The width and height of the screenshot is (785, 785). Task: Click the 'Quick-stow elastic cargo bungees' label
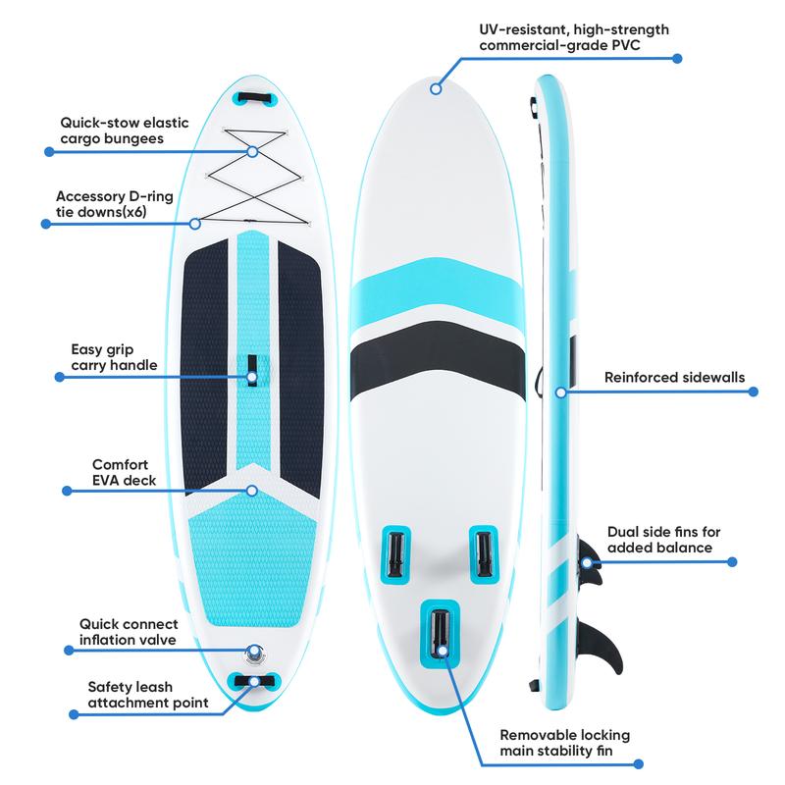[x=125, y=131]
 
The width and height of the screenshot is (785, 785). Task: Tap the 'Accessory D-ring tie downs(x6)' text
[x=114, y=204]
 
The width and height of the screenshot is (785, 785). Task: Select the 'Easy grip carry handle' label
[x=114, y=357]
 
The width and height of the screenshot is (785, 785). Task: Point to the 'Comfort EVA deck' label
[x=124, y=472]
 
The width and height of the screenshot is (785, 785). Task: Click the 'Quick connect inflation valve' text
[x=129, y=632]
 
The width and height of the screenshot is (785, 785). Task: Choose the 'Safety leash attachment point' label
[x=148, y=695]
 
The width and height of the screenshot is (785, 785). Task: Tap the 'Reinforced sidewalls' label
[x=674, y=377]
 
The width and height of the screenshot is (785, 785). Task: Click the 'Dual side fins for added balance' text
[x=663, y=539]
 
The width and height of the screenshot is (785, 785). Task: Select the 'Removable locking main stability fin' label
[x=565, y=743]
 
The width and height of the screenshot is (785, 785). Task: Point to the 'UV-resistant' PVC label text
[x=574, y=37]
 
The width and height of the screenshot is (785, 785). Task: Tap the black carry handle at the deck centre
[x=252, y=371]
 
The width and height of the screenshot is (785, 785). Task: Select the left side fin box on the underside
[x=395, y=554]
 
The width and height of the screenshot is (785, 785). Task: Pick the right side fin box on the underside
[x=484, y=554]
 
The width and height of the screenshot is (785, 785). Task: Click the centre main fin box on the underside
[x=440, y=633]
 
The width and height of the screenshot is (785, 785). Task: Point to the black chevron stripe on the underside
[x=438, y=360]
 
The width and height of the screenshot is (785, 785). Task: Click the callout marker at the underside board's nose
[x=436, y=88]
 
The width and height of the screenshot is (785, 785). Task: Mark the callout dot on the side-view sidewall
[x=560, y=392]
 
